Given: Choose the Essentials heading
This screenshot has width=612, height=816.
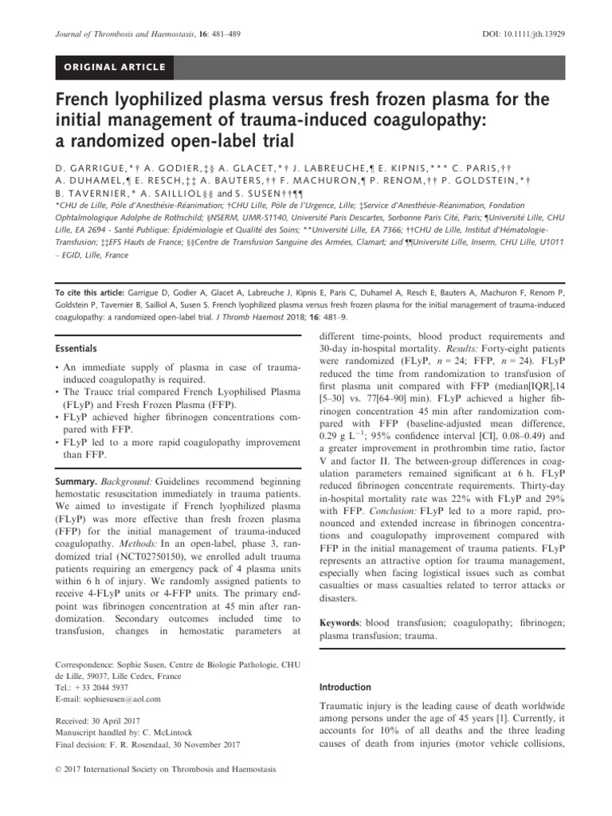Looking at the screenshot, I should click(x=77, y=348).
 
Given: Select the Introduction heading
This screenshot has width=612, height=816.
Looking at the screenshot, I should click(x=344, y=686).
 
